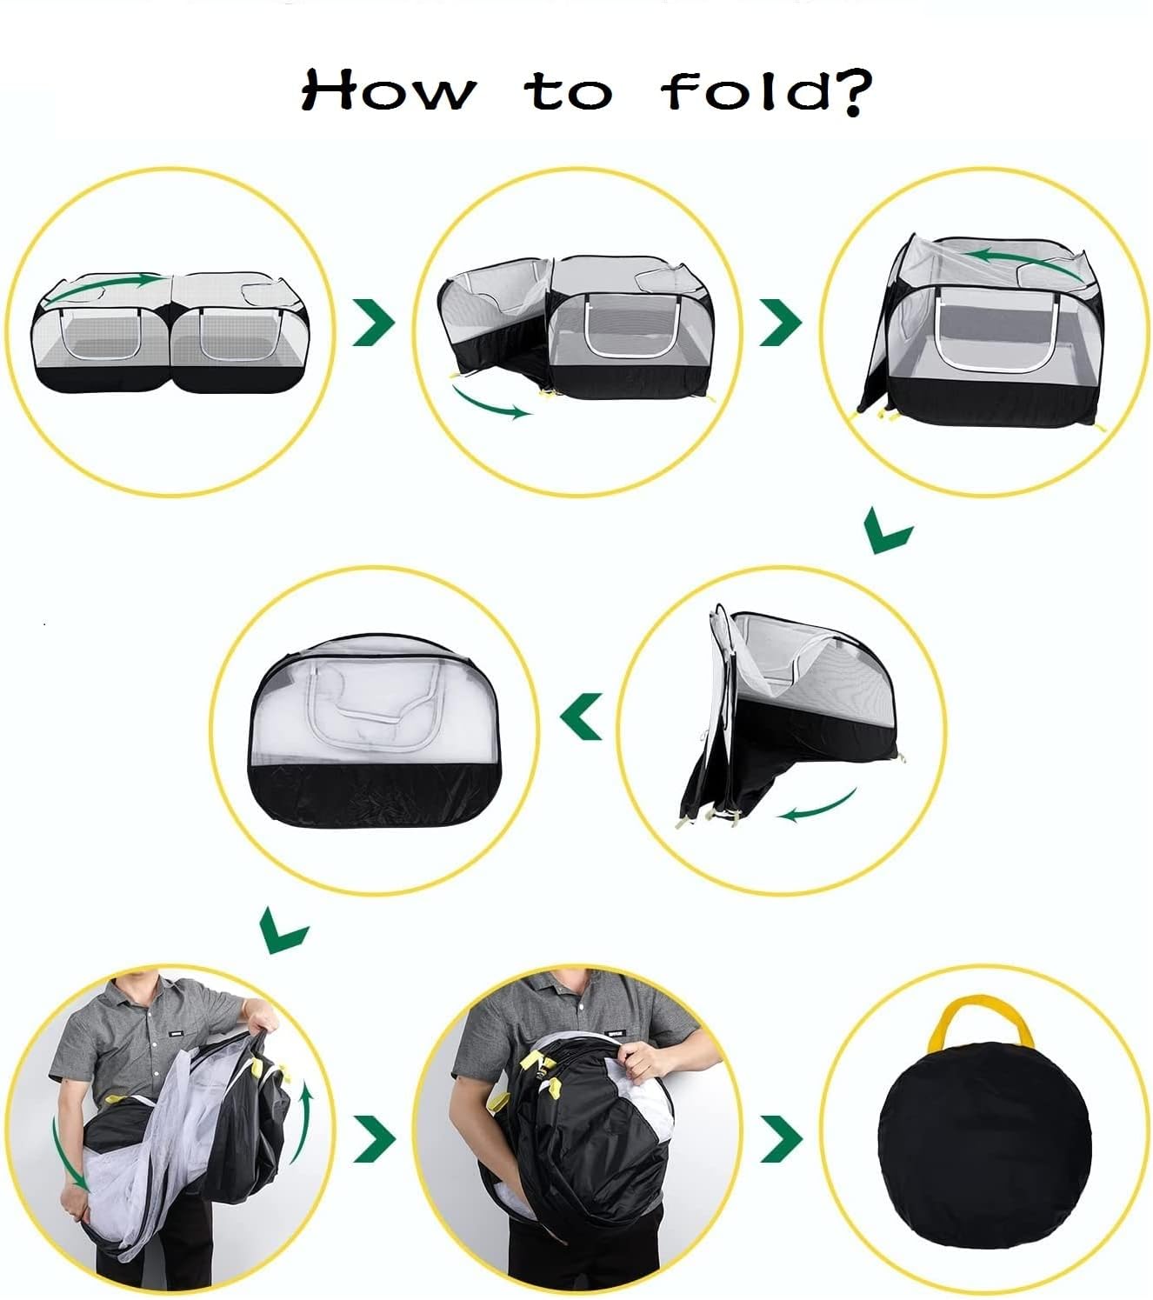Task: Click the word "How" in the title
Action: click(x=389, y=90)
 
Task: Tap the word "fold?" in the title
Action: click(x=767, y=92)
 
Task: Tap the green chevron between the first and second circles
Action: click(x=374, y=322)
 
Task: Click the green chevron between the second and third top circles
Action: click(x=781, y=322)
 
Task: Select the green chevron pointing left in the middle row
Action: click(x=582, y=717)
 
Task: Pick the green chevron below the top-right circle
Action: click(x=888, y=530)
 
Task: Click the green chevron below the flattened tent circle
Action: click(x=283, y=930)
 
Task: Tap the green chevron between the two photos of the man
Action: click(x=375, y=1139)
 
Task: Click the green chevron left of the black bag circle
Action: click(x=781, y=1139)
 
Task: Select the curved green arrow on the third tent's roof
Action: click(x=1020, y=261)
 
